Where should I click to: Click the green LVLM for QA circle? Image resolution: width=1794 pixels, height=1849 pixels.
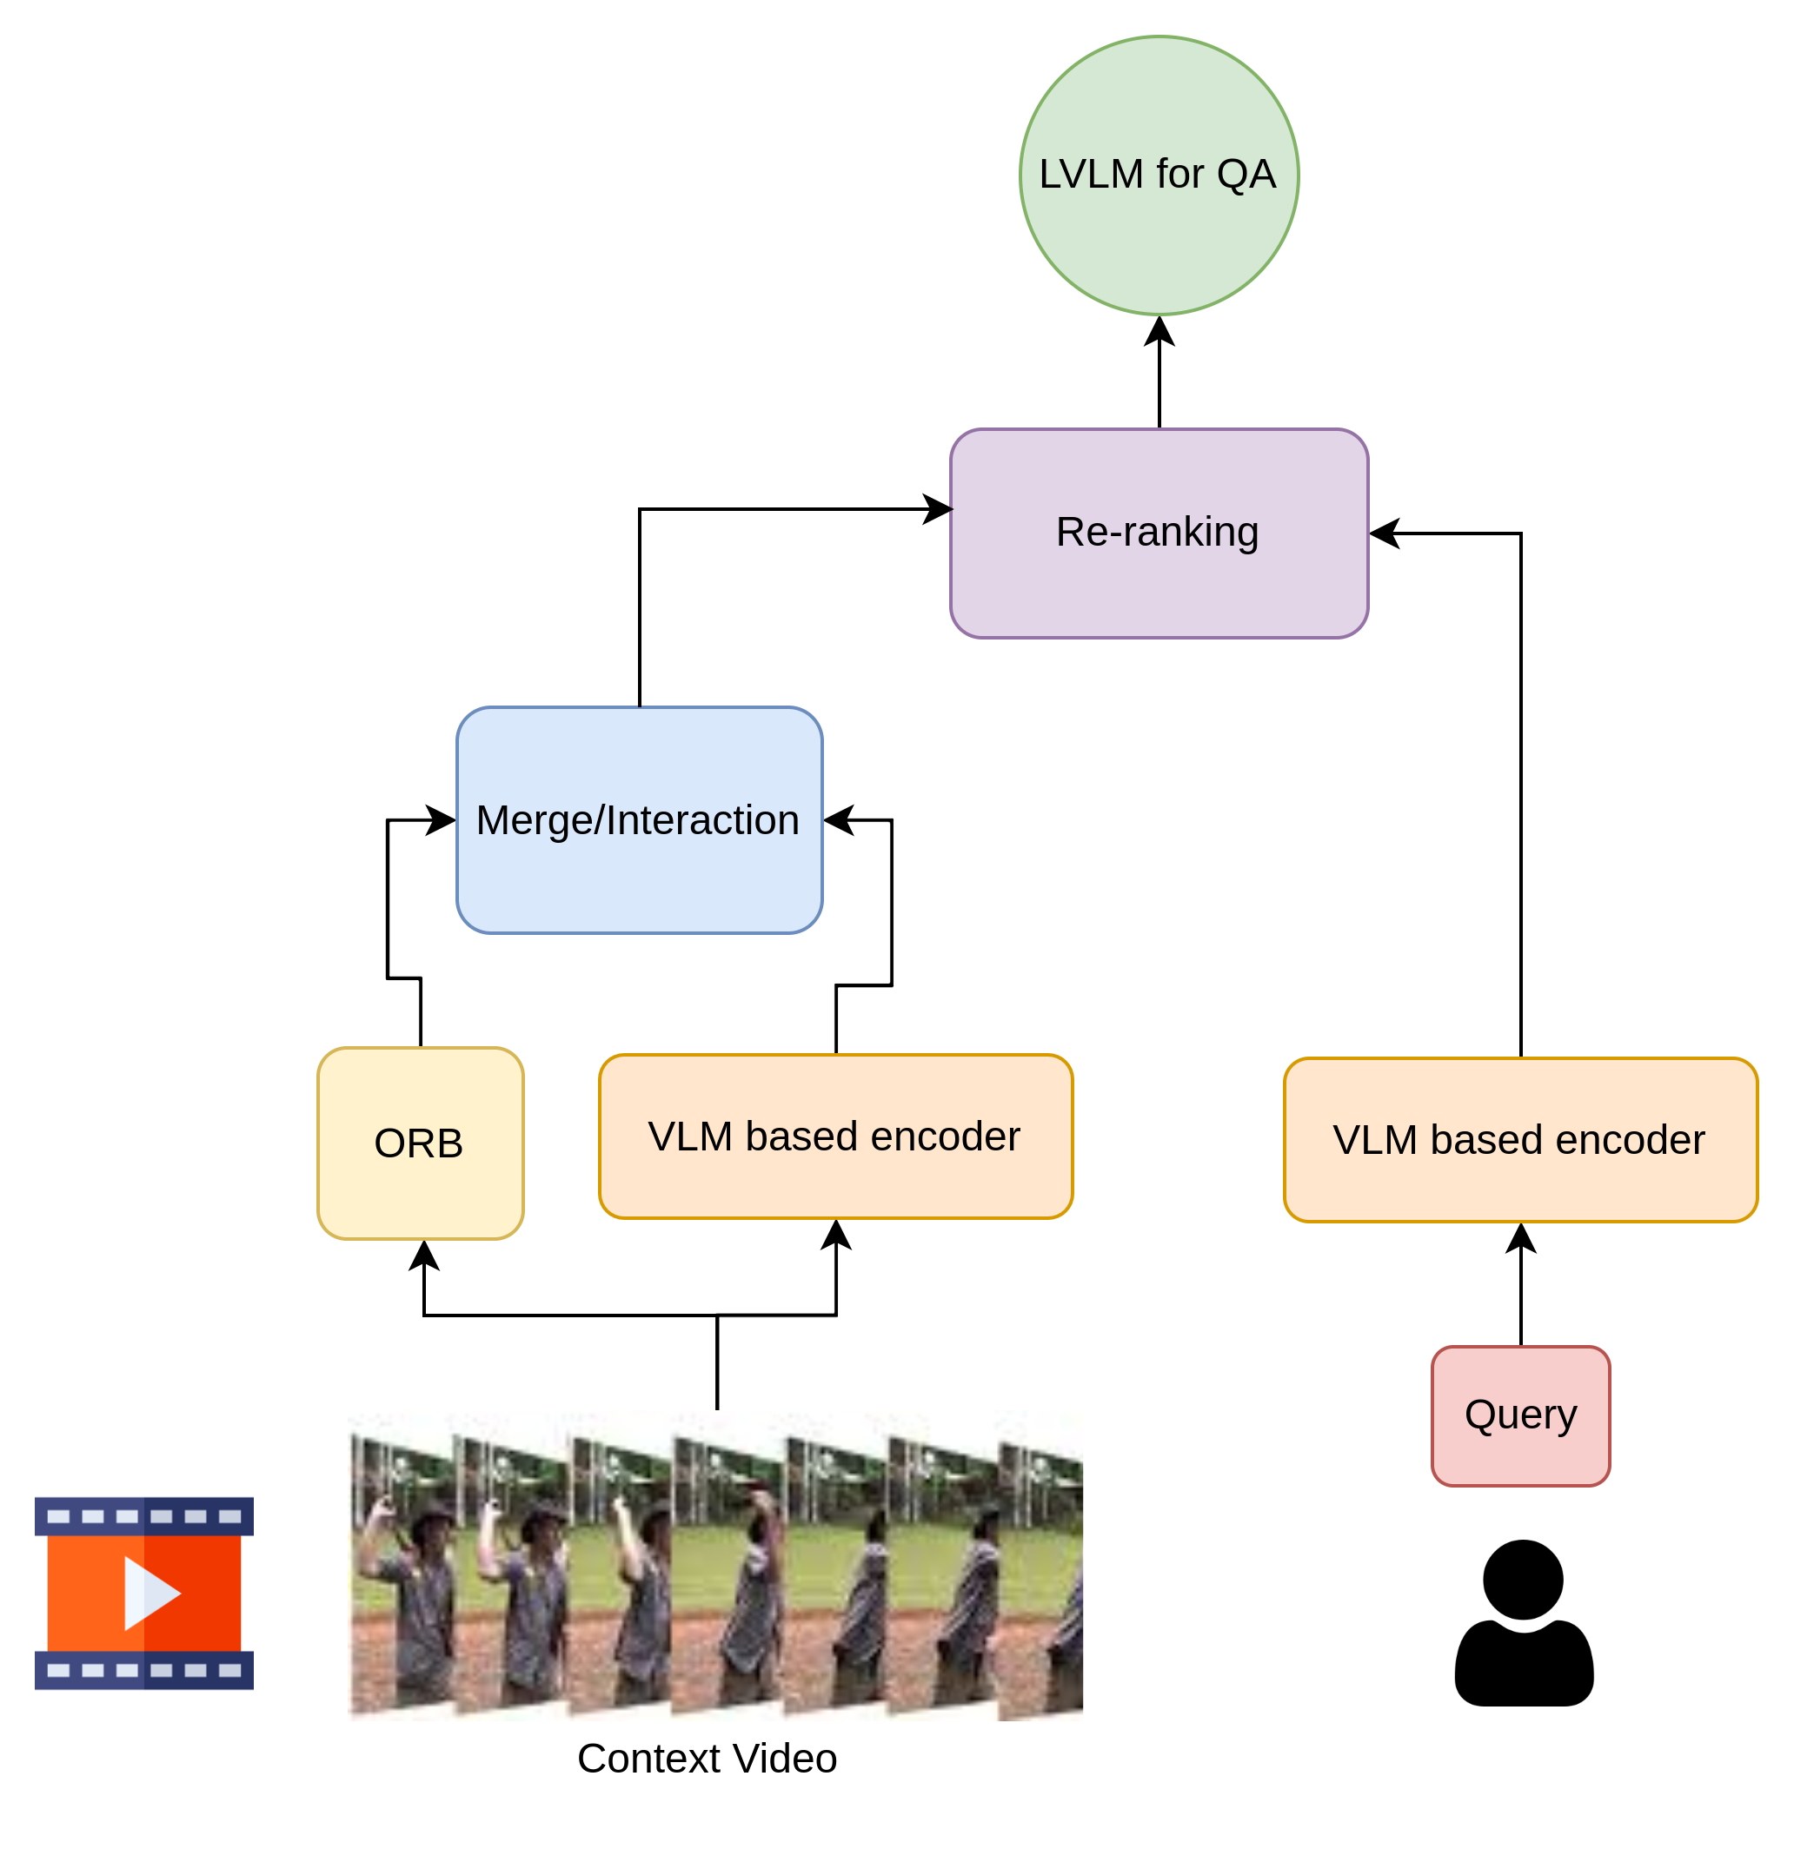(x=1159, y=176)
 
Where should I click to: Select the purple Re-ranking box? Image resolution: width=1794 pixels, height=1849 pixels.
(x=1159, y=533)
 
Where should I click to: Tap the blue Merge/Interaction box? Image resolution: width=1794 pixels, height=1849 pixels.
(x=639, y=819)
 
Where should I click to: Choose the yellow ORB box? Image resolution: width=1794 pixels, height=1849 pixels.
(x=420, y=1143)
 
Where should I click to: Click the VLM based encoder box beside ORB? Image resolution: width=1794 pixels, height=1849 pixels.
(x=835, y=1137)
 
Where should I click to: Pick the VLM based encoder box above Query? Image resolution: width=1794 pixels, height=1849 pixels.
(x=1520, y=1140)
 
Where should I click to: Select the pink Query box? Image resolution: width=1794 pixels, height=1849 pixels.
(x=1520, y=1416)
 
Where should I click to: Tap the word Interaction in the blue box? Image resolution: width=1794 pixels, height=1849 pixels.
(x=703, y=819)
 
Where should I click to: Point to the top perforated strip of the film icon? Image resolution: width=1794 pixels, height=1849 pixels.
(x=144, y=1517)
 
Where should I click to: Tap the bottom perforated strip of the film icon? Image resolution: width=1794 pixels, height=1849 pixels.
(x=144, y=1671)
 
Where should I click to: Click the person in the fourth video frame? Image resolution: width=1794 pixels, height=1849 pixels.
(x=751, y=1594)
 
